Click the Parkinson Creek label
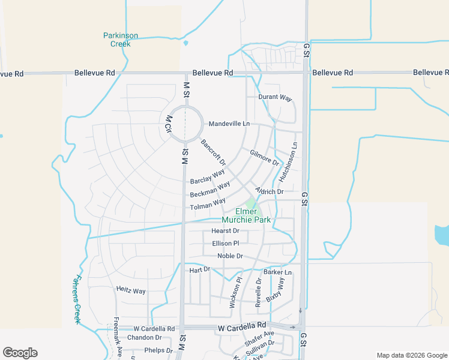coord(121,40)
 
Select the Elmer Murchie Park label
coord(253,216)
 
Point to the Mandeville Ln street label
coord(229,124)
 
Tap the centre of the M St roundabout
coord(185,124)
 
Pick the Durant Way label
coord(275,97)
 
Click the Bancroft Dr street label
coord(213,152)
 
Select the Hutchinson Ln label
coord(289,162)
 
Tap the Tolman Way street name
coord(208,205)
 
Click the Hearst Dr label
coord(225,231)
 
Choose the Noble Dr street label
coord(230,256)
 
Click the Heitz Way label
coord(131,291)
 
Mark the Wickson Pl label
coord(235,292)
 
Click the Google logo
coord(20,353)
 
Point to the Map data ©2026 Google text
coord(411,355)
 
